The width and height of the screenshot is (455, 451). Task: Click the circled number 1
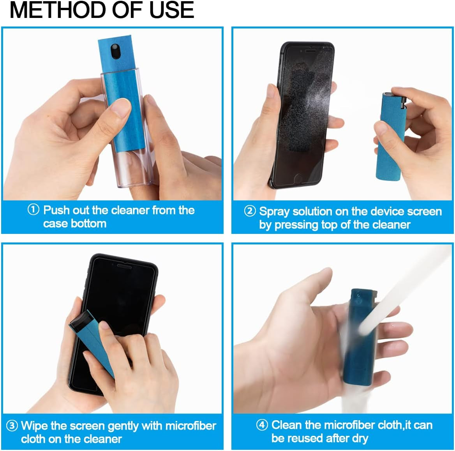point(34,210)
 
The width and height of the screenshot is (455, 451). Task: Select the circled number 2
point(250,211)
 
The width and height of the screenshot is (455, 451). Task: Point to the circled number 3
point(12,425)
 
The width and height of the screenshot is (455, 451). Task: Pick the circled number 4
point(262,424)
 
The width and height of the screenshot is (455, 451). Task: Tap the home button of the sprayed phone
point(298,179)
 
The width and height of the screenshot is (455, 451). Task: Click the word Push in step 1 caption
point(56,210)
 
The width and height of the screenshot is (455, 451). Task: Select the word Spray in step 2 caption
point(274,212)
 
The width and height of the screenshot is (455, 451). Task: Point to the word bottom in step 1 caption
point(91,223)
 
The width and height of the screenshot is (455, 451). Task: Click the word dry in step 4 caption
point(360,439)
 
